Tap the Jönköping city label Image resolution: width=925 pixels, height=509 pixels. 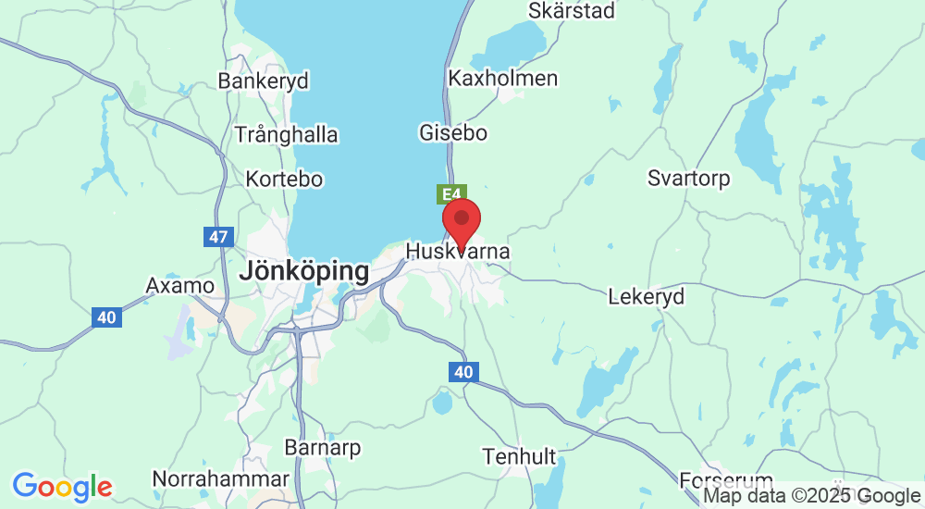click(304, 272)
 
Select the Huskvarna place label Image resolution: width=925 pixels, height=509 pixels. click(458, 252)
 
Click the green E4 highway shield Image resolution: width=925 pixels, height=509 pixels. click(450, 194)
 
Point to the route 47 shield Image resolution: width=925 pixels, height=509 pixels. click(217, 237)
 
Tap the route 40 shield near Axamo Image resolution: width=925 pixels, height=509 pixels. click(106, 317)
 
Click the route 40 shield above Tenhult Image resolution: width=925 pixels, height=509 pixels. click(463, 372)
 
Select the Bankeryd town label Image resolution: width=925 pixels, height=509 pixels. click(263, 81)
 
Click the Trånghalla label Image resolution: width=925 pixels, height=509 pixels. click(286, 134)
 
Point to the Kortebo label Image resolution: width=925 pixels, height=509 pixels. click(284, 179)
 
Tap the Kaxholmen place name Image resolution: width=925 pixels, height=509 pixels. click(502, 79)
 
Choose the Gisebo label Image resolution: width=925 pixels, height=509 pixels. click(453, 132)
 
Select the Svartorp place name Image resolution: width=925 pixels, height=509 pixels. click(688, 178)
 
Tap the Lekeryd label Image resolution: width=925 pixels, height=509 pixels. click(647, 297)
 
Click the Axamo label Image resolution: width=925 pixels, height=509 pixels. click(180, 285)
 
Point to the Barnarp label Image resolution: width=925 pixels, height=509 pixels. click(323, 448)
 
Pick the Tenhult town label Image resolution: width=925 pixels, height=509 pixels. click(519, 456)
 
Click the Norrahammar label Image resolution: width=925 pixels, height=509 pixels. click(220, 479)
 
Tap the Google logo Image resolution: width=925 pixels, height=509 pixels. click(62, 486)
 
